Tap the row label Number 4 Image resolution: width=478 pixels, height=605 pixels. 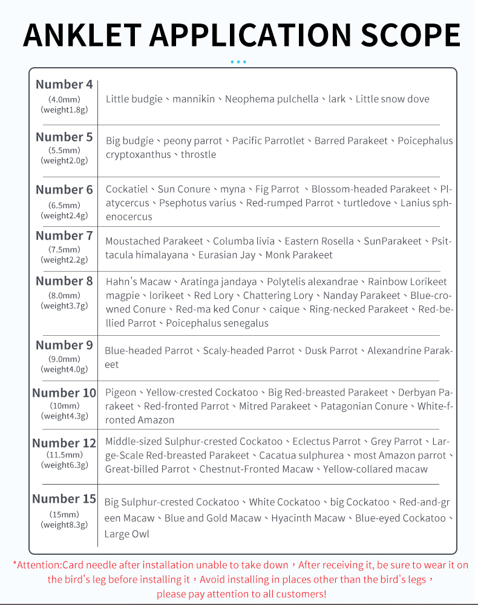tap(64, 85)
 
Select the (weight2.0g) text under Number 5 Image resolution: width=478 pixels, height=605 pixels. tap(64, 160)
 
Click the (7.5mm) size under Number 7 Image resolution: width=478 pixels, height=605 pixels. tap(64, 249)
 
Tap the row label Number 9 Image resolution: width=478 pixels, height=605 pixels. tap(64, 345)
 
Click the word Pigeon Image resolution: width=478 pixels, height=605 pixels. tap(121, 392)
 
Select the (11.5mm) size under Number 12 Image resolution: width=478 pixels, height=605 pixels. tap(64, 454)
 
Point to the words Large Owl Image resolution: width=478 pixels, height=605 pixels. tap(126, 534)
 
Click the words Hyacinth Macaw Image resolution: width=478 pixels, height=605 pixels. tap(308, 518)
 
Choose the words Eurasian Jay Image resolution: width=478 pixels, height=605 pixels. tap(227, 255)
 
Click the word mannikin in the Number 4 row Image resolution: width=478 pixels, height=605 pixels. tap(194, 99)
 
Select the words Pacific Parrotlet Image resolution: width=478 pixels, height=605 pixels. tap(269, 140)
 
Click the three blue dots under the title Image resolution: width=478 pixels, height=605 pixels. tap(238, 62)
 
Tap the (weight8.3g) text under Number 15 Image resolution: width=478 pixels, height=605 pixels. tap(64, 525)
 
